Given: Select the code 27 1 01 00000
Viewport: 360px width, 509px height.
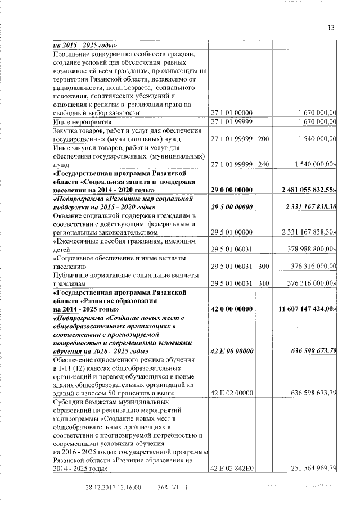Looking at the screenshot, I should pyautogui.click(x=231, y=112).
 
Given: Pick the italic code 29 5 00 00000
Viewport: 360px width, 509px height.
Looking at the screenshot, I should pyautogui.click(x=231, y=207).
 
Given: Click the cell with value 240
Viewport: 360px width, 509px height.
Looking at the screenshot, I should pyautogui.click(x=263, y=164).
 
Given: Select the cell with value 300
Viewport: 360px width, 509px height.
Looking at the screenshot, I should pyautogui.click(x=263, y=268).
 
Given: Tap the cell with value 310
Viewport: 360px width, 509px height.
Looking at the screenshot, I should pyautogui.click(x=263, y=284).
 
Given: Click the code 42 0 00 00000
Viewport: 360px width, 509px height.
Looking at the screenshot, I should pyautogui.click(x=231, y=309).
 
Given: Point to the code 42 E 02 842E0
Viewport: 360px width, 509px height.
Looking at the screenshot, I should pyautogui.click(x=231, y=468).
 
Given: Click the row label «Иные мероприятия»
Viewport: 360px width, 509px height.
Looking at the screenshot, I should pyautogui.click(x=74, y=121).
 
